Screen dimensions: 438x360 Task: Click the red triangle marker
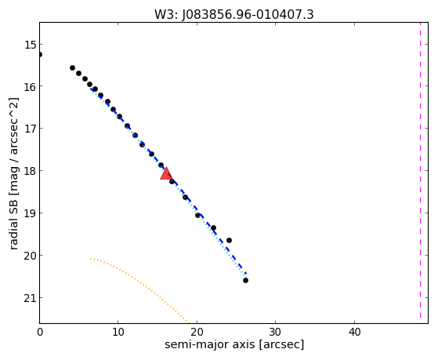click(166, 173)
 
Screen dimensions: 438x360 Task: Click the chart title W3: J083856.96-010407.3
click(234, 15)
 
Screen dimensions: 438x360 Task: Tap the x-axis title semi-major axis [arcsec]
click(234, 344)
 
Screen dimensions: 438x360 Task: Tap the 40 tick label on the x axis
click(354, 332)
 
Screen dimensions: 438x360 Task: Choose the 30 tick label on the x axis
click(276, 332)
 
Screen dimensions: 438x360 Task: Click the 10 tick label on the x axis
click(118, 332)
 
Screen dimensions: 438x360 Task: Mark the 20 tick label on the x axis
click(197, 332)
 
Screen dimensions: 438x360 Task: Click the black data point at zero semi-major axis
click(40, 55)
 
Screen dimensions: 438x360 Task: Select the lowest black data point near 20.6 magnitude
click(245, 280)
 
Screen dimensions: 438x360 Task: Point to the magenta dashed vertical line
click(420, 170)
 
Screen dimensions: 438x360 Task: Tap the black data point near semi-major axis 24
click(229, 240)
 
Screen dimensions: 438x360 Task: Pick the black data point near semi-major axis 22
click(213, 227)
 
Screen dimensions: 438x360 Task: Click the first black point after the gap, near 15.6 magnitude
click(72, 67)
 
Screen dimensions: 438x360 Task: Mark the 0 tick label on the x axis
click(40, 332)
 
